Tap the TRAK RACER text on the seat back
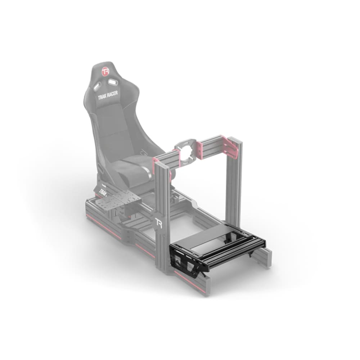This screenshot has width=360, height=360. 107,95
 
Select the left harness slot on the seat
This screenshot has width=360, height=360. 96,86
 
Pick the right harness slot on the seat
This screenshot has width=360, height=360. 113,83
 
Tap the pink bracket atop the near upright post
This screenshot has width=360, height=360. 159,162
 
